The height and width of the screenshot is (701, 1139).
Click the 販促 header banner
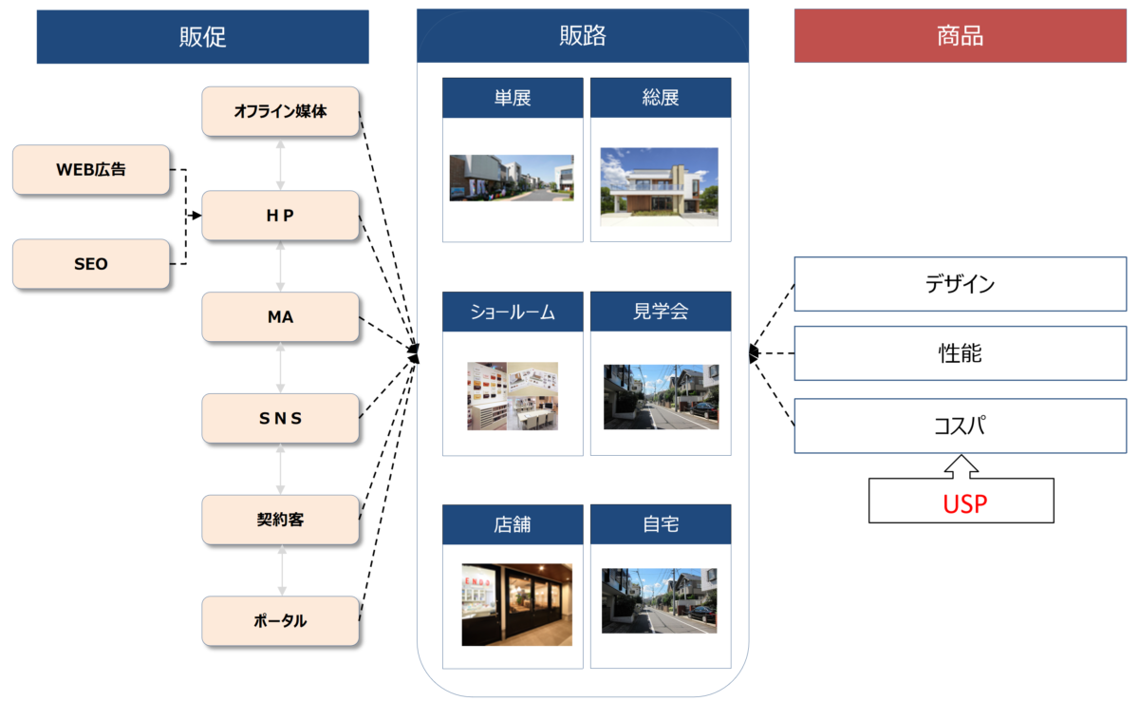click(202, 37)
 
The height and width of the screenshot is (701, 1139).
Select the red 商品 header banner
click(960, 36)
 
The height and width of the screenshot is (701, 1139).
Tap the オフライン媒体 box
click(280, 111)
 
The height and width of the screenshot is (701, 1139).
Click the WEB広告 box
click(91, 170)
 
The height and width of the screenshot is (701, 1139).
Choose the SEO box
click(91, 264)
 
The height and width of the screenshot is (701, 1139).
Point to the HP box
click(280, 216)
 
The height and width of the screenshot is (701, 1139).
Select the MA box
click(280, 317)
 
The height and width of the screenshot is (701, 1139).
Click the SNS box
click(280, 418)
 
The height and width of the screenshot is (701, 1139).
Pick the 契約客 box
click(280, 520)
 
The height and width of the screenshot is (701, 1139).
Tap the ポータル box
click(280, 621)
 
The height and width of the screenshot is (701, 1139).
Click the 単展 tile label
click(513, 98)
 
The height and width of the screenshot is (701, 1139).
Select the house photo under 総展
click(659, 186)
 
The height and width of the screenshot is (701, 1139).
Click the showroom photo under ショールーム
click(513, 396)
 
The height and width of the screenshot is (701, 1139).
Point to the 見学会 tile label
click(661, 312)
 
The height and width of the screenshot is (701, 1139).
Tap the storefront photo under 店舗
click(516, 605)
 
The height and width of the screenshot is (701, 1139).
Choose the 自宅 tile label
click(661, 524)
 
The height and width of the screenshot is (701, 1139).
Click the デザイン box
click(960, 284)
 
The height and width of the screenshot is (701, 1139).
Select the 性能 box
click(960, 353)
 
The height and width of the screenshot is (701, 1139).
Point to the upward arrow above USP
click(961, 466)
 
